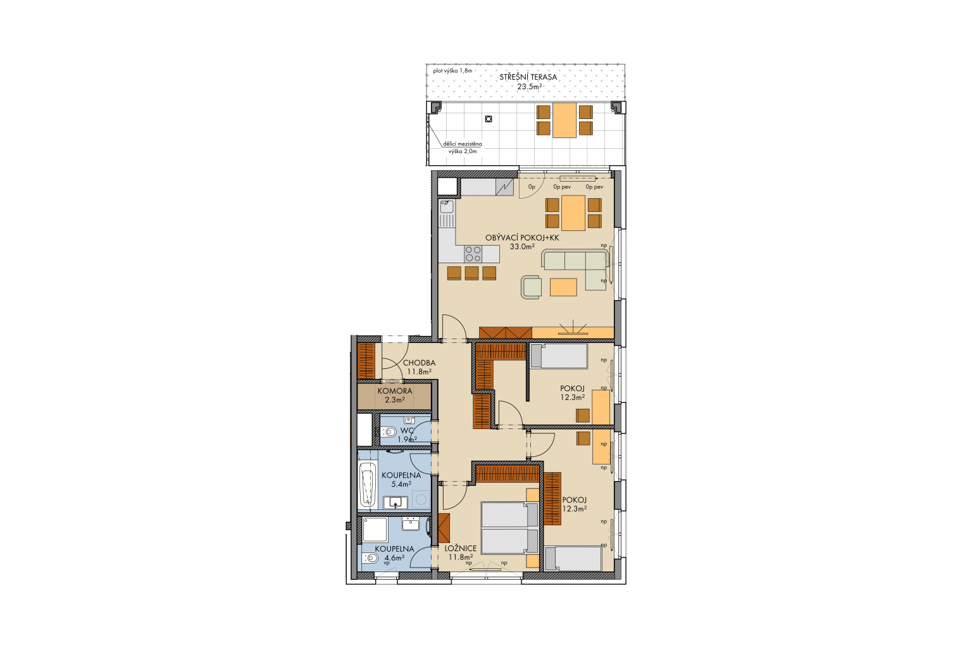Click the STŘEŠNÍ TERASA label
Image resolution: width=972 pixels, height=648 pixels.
[x=528, y=77]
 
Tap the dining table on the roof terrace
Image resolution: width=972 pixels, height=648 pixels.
[x=564, y=120]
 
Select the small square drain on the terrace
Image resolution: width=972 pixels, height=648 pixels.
[x=489, y=119]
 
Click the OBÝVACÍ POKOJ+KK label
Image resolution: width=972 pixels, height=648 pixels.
[x=522, y=238]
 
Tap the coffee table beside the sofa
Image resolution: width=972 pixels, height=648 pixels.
[x=563, y=287]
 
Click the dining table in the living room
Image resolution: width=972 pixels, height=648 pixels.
[x=573, y=213]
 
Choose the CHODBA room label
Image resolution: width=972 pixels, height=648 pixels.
[x=419, y=363]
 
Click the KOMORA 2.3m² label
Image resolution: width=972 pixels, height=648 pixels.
[x=394, y=395]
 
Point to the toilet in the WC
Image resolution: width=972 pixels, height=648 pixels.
[x=389, y=432]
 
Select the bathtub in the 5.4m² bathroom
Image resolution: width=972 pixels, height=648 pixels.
[x=368, y=484]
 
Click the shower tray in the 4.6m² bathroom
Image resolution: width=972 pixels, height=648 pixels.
[x=375, y=530]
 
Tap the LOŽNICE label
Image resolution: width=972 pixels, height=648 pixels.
[x=461, y=549]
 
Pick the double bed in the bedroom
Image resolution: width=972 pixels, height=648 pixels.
[x=510, y=528]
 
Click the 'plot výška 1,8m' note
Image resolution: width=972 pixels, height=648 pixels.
[x=452, y=71]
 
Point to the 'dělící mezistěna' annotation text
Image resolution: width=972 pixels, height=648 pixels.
[x=463, y=144]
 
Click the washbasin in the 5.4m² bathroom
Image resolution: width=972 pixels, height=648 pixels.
[x=396, y=502]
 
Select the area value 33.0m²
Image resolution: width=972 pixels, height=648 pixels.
[x=522, y=247]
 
